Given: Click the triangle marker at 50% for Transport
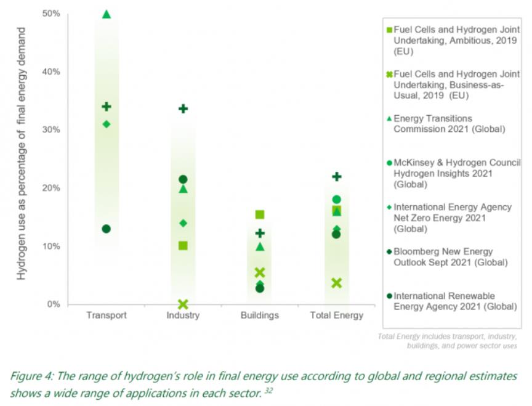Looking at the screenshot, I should (106, 14).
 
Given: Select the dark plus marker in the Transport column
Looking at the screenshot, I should (106, 107).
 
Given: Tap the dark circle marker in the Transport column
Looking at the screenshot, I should (106, 229).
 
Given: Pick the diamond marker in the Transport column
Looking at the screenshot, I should (106, 124).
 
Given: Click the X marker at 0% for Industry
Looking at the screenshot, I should (183, 304).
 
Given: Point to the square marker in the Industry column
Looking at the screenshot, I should (183, 246).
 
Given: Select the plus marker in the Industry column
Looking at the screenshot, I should (183, 108).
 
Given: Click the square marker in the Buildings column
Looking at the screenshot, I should (260, 214).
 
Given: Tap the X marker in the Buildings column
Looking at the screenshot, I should (260, 272).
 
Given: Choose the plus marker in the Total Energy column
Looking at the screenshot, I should (337, 176).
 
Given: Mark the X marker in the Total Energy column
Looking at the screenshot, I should (337, 283).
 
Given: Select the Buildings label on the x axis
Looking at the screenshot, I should (260, 315).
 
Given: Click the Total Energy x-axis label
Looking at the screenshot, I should (336, 315).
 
